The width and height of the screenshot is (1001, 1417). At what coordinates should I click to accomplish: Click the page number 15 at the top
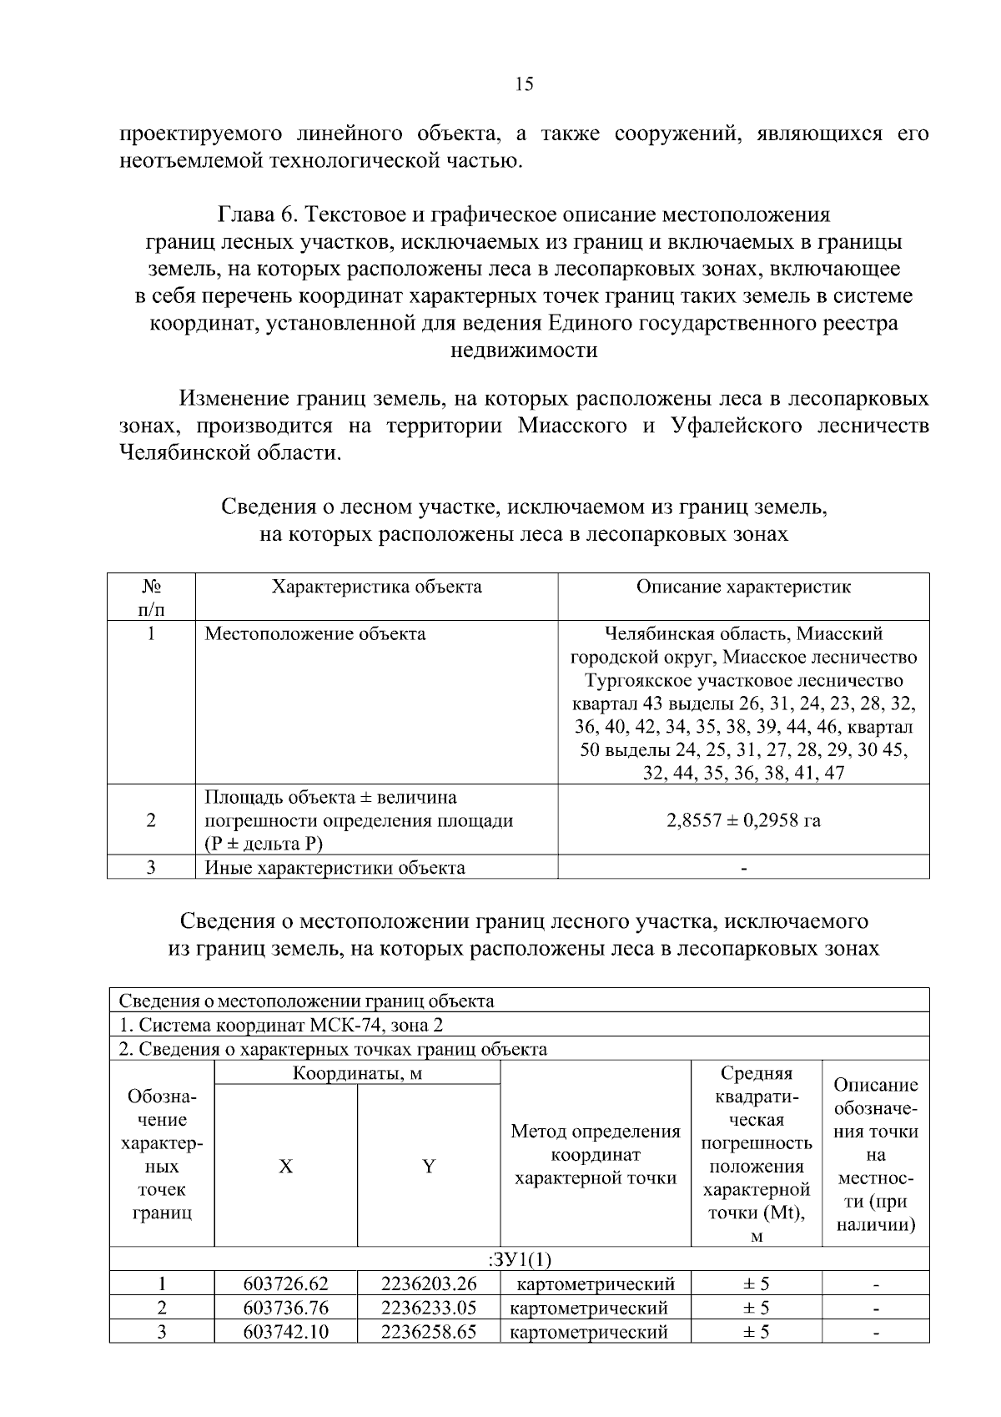click(x=524, y=83)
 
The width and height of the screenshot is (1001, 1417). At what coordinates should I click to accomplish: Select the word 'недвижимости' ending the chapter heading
click(x=524, y=350)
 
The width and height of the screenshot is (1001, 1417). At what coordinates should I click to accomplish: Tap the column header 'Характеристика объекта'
click(x=377, y=587)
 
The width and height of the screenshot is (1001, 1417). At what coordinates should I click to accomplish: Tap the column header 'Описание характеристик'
click(x=743, y=587)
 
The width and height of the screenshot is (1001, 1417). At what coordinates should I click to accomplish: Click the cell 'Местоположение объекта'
click(x=315, y=634)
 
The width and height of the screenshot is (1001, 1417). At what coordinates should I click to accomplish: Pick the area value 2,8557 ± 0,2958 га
click(x=743, y=820)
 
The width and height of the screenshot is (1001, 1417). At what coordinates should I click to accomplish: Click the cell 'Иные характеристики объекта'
click(x=335, y=868)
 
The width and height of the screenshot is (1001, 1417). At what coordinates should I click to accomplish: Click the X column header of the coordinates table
click(x=285, y=1167)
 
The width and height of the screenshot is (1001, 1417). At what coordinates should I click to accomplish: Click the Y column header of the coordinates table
click(x=428, y=1167)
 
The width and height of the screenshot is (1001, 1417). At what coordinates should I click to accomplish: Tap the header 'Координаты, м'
click(x=357, y=1073)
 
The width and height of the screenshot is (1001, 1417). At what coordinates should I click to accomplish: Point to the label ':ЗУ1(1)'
click(x=518, y=1259)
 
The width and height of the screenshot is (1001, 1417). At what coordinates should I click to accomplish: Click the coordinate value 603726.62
click(x=285, y=1283)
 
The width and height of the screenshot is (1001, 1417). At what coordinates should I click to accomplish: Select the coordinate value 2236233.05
click(x=428, y=1308)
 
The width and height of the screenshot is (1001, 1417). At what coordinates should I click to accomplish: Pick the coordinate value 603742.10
click(x=285, y=1332)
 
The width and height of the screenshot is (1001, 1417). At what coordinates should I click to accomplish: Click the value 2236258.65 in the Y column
click(x=428, y=1332)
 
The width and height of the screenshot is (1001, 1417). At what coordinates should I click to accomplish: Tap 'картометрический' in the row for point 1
click(x=595, y=1283)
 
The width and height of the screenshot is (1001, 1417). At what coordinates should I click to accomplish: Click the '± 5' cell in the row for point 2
click(x=756, y=1308)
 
